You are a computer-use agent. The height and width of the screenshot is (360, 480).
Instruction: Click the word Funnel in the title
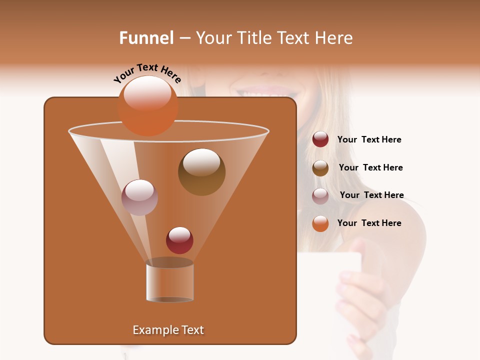[146, 38]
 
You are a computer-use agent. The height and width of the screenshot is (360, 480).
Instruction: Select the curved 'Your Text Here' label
[147, 73]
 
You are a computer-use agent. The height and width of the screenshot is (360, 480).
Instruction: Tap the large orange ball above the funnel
[148, 105]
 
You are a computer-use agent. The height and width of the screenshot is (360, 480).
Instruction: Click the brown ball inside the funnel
[201, 172]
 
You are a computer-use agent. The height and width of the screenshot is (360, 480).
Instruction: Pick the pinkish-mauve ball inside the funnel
[139, 197]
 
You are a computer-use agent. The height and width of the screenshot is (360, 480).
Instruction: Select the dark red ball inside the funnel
[179, 240]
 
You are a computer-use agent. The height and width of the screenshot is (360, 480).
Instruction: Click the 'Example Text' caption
[168, 330]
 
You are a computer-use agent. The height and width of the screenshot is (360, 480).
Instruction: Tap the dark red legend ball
[320, 139]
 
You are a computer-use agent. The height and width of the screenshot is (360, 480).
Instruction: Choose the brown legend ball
[320, 168]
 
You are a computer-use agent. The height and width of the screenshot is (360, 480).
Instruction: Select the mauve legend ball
[320, 196]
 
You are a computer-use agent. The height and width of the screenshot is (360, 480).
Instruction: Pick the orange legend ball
[320, 223]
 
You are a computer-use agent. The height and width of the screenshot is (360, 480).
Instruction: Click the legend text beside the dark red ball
[369, 139]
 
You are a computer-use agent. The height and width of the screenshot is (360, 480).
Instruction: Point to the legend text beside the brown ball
[370, 167]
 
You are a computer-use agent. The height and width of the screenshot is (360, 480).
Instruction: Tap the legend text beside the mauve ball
[371, 195]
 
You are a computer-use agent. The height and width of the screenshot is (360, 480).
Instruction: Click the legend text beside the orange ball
[369, 223]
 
